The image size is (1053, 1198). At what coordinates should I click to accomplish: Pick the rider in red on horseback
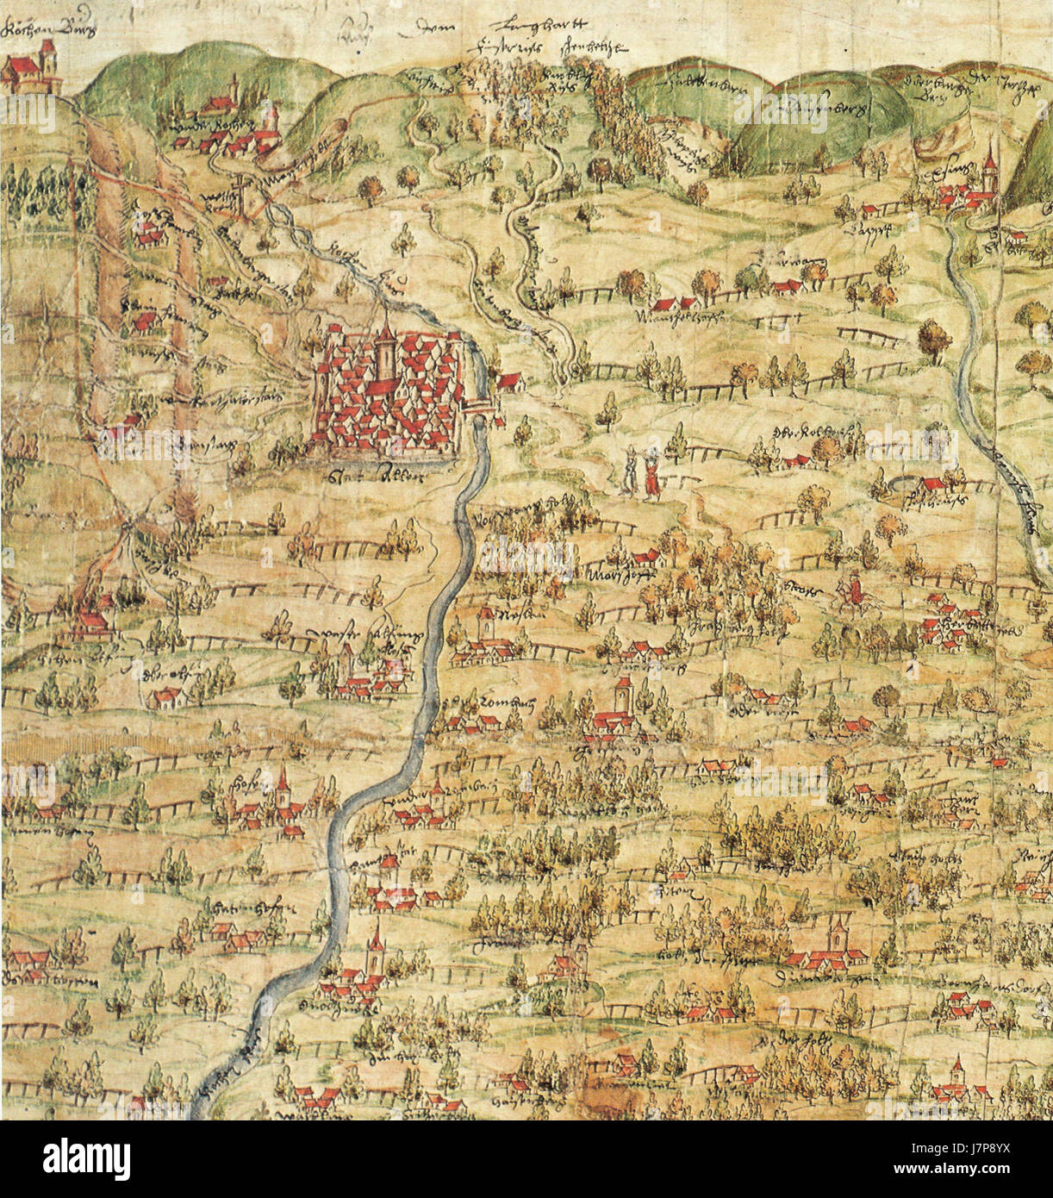click(x=852, y=589)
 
